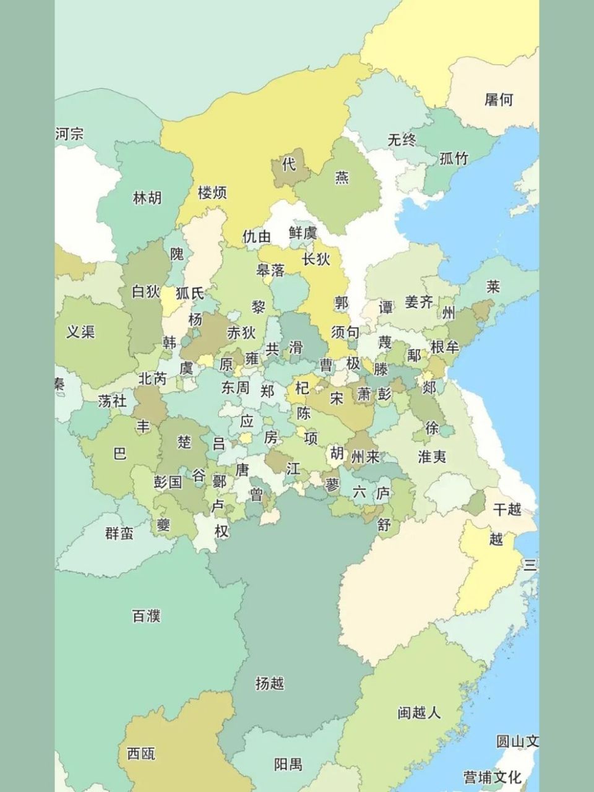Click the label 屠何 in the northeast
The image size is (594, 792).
tap(499, 100)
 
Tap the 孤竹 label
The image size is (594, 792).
tap(454, 158)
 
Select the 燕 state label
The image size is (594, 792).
tap(342, 178)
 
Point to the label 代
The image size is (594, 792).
tap(288, 164)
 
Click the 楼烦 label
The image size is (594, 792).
tap(212, 192)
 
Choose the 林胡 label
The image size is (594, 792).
tap(147, 198)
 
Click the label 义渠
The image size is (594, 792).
tap(80, 332)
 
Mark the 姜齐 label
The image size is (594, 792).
tap(419, 302)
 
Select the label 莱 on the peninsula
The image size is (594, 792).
tap(493, 286)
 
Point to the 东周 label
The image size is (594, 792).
tap(235, 387)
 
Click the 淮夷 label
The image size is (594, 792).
tap(432, 457)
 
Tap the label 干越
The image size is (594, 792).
tap(507, 509)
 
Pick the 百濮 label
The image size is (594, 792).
tap(147, 616)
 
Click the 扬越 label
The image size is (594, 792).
tap(270, 683)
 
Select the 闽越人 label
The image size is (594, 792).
tap(419, 713)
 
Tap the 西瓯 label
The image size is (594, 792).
tap(141, 753)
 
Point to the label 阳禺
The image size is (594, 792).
tap(288, 765)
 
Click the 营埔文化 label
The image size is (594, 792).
tap(493, 777)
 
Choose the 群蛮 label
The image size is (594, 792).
tap(119, 533)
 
